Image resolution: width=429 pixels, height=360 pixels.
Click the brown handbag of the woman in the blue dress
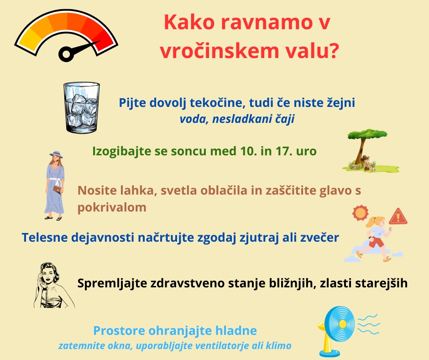pos(57,189)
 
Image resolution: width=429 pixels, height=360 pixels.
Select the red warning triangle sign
pos(398,216)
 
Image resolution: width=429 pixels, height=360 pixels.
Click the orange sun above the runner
pos(361,213)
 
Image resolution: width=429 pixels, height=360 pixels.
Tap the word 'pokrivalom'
pos(112,207)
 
